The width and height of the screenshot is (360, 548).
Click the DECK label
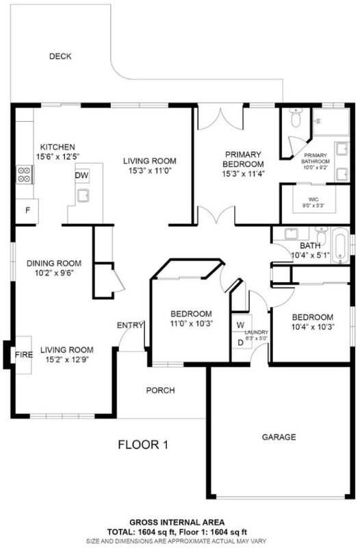(x=60, y=56)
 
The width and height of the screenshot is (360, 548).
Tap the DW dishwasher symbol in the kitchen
(x=81, y=175)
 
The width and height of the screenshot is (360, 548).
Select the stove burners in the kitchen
(x=24, y=175)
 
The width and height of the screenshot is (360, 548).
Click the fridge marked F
(x=27, y=210)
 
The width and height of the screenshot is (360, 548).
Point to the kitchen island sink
(x=83, y=195)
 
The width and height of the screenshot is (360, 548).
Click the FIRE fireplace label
(x=24, y=355)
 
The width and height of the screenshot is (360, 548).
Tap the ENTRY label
(x=130, y=325)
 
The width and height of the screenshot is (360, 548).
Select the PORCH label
(x=160, y=390)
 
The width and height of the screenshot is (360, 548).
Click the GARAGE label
(x=279, y=437)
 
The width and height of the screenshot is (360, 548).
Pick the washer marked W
(x=240, y=325)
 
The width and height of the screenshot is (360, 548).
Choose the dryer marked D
(x=240, y=343)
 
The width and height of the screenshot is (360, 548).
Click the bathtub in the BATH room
(x=340, y=245)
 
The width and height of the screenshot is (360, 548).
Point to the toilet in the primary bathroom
(x=296, y=117)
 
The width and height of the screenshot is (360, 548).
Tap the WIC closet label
(x=313, y=199)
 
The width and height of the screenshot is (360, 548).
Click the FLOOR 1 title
(x=143, y=445)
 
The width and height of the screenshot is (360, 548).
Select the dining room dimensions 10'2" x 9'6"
(x=53, y=273)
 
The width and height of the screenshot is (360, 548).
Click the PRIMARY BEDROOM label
(x=243, y=160)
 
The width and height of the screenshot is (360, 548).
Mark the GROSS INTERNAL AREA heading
(x=177, y=523)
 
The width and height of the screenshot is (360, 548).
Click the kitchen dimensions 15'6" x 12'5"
(x=58, y=157)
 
